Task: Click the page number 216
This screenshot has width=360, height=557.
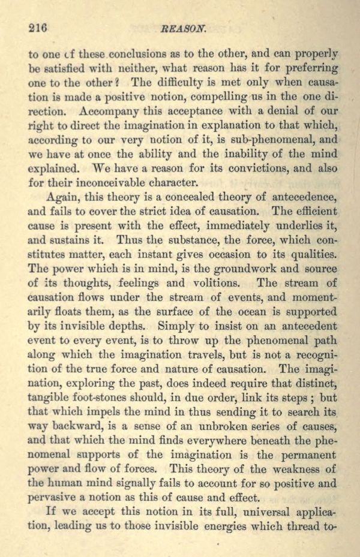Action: coord(38,28)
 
